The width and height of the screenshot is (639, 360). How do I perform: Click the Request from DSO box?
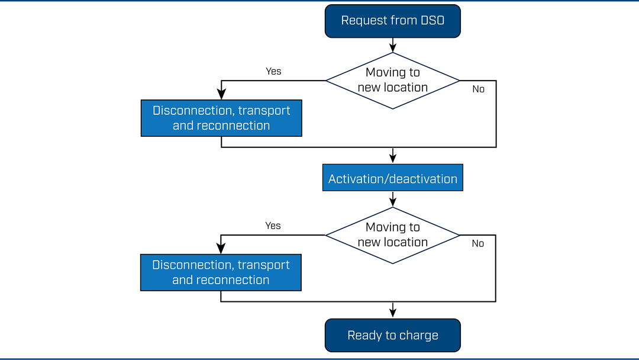click(x=392, y=21)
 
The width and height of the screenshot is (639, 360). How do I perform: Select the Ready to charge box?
click(x=392, y=335)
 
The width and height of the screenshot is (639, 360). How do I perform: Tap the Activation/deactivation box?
click(x=392, y=178)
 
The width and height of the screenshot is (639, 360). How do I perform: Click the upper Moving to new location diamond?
click(x=392, y=81)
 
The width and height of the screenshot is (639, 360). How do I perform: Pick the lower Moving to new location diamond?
click(x=392, y=235)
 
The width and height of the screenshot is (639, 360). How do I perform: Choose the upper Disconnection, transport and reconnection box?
click(x=221, y=118)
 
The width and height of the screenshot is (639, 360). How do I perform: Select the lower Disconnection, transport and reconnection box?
click(x=221, y=272)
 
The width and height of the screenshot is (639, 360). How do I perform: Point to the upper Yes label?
click(x=273, y=71)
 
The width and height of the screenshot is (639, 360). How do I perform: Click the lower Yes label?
click(x=273, y=226)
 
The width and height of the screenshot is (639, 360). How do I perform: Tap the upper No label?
click(x=479, y=89)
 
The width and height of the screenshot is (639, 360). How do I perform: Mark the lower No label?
click(x=478, y=244)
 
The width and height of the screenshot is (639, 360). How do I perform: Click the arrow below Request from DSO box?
click(x=392, y=45)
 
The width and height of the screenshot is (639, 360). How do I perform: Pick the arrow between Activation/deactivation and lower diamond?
click(x=392, y=199)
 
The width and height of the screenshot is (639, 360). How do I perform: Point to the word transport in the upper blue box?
click(x=264, y=111)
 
